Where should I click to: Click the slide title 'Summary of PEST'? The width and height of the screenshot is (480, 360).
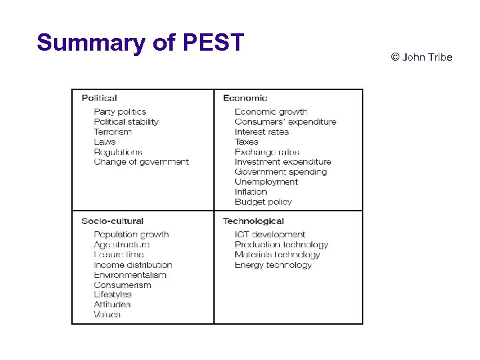click(x=141, y=43)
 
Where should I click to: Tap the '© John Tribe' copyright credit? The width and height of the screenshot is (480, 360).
click(x=421, y=57)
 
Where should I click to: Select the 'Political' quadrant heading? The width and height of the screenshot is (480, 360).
click(x=99, y=98)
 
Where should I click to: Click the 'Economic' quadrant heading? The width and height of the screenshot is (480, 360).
click(x=245, y=98)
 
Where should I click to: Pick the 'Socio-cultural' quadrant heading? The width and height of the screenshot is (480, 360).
click(x=112, y=221)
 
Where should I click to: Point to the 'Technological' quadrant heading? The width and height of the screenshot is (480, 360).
click(x=253, y=221)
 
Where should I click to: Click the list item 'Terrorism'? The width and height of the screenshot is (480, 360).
click(x=113, y=132)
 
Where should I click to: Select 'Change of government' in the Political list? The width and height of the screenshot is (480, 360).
click(x=141, y=161)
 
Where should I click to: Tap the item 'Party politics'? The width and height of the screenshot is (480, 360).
click(x=120, y=112)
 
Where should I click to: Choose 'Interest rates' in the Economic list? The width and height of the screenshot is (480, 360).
click(x=261, y=132)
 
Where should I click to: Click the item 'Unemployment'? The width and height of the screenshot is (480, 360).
click(x=266, y=181)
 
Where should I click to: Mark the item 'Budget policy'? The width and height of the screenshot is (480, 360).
click(x=263, y=201)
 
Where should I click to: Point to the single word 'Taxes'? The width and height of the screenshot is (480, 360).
click(x=247, y=142)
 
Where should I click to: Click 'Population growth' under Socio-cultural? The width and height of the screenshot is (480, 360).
click(x=131, y=235)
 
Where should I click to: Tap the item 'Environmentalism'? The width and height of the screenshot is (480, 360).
click(x=130, y=275)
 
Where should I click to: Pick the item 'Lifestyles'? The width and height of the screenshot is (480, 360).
click(x=113, y=294)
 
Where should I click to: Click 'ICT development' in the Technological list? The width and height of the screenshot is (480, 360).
click(x=270, y=235)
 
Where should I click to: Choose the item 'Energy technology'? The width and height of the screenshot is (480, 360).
click(x=273, y=265)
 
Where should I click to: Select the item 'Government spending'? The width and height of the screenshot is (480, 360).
click(x=281, y=171)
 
